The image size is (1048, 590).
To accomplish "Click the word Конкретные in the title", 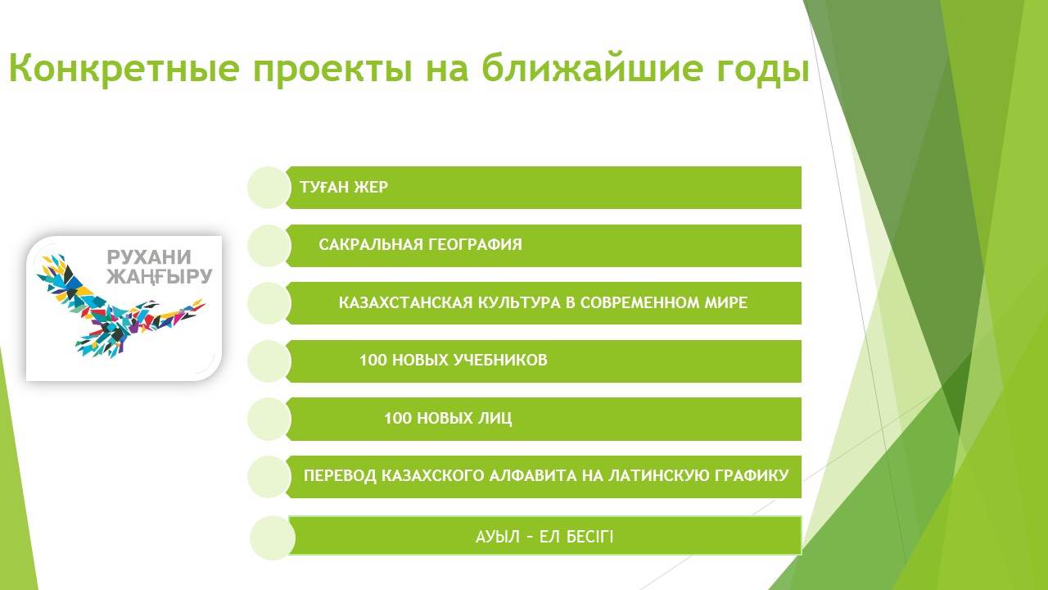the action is point(124,68).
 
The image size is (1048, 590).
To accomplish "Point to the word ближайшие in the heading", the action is point(592,68).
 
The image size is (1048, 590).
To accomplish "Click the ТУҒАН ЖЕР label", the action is point(344,188).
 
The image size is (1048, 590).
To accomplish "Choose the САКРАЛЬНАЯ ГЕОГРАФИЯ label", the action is point(420,244).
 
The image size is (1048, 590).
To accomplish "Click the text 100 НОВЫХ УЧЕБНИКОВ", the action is point(454,360).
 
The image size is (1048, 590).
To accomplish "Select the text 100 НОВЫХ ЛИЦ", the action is point(448,418).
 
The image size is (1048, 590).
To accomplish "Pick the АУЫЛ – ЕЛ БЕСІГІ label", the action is point(544,537).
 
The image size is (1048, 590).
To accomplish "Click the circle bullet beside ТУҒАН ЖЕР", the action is point(269,188).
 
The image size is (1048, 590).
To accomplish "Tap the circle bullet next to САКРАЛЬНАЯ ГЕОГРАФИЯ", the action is point(269,245).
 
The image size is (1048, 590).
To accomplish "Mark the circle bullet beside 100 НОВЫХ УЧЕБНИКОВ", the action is point(269,361).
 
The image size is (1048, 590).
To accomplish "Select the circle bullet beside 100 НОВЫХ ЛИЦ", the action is point(269,419).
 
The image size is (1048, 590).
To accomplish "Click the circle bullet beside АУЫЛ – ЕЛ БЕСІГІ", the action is point(273,538).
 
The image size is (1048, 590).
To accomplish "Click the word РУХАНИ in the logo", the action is point(149,257).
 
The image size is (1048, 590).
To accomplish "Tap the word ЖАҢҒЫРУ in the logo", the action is point(160,276).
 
